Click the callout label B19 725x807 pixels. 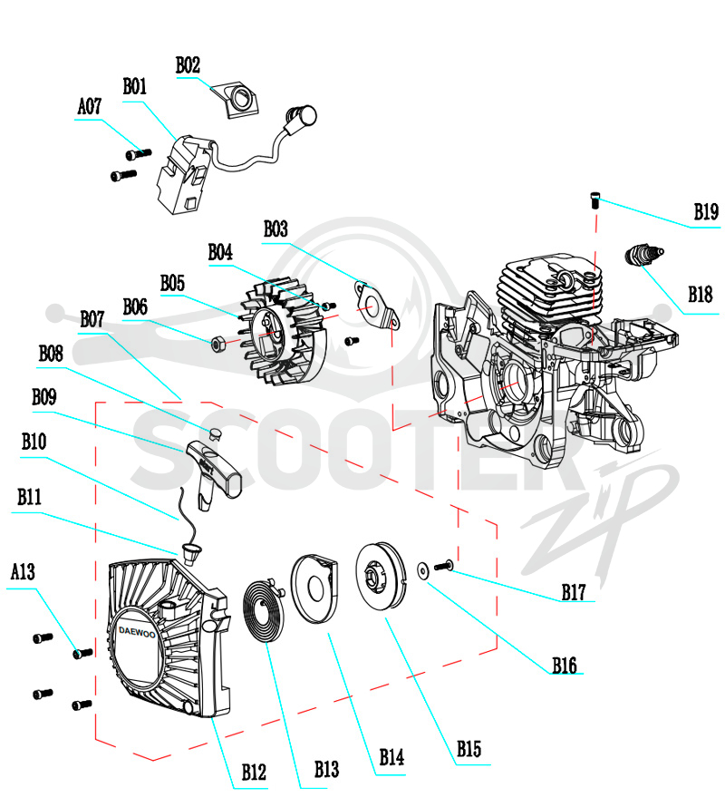tap(706, 211)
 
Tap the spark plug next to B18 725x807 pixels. tap(643, 255)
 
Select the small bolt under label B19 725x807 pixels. tap(594, 199)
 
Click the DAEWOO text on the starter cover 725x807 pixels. tap(137, 632)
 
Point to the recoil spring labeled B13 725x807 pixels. tap(264, 610)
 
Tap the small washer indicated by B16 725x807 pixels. tap(423, 570)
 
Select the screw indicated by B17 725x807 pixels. tap(443, 566)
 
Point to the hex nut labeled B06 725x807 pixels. tap(217, 344)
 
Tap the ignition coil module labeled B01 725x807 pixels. tap(183, 175)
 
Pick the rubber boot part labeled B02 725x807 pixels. tap(237, 99)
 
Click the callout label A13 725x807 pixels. tap(24, 571)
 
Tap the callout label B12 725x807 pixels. tap(254, 772)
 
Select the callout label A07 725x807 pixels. tap(90, 106)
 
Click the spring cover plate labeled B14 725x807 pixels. tap(314, 588)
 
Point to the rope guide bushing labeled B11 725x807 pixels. tap(191, 552)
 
